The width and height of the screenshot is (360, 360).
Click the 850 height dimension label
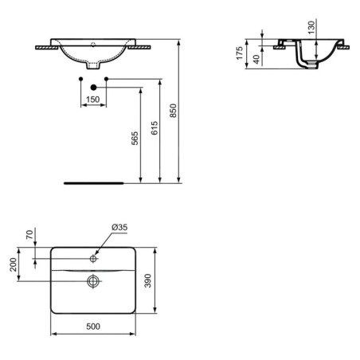[x=173, y=111]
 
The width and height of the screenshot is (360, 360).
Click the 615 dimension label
[x=155, y=127]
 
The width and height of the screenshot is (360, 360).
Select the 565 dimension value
[x=135, y=138]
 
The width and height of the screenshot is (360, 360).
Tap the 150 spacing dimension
[x=93, y=100]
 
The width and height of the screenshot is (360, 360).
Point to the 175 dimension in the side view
[x=240, y=53]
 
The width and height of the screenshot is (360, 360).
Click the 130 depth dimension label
[x=311, y=27]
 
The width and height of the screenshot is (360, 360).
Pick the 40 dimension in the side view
[x=256, y=59]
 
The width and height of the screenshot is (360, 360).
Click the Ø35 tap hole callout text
[x=119, y=227]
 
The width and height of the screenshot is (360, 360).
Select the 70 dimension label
[x=29, y=235]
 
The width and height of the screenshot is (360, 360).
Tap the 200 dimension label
[x=13, y=264]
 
